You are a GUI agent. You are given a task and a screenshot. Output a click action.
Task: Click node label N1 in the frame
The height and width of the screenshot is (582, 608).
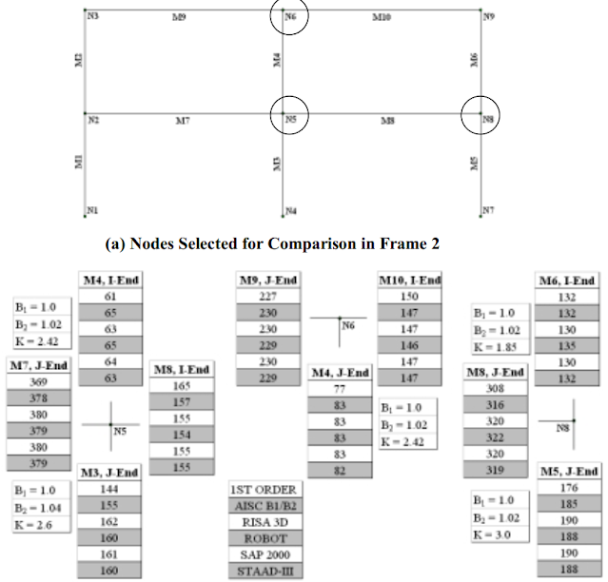(92, 210)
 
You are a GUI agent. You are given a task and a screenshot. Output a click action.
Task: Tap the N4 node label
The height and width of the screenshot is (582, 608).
(290, 210)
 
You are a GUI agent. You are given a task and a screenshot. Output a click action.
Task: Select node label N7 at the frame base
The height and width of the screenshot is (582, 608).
(488, 209)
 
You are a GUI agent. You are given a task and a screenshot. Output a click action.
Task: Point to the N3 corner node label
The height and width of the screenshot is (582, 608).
(91, 17)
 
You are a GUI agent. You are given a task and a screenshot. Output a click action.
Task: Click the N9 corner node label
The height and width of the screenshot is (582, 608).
(488, 16)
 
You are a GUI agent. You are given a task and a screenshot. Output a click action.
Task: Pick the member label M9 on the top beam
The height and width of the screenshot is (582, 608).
(179, 17)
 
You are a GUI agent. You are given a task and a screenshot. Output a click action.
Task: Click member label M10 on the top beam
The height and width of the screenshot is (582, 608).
(381, 17)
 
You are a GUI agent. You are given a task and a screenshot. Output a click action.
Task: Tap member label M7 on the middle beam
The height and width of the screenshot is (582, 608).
(183, 121)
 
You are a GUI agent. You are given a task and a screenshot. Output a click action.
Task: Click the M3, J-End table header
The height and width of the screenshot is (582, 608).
(109, 472)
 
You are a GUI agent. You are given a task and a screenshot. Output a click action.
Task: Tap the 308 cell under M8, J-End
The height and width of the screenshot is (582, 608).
(495, 388)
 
